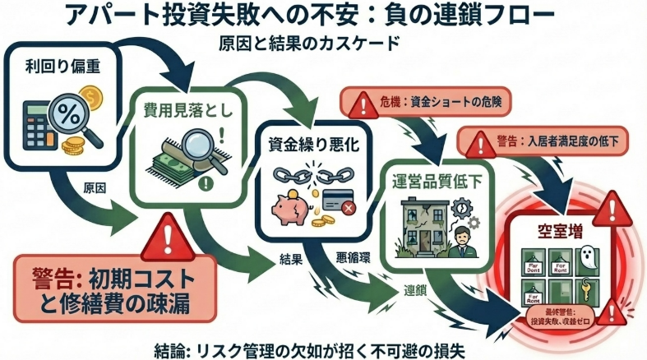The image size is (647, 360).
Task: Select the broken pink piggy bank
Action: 291,205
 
